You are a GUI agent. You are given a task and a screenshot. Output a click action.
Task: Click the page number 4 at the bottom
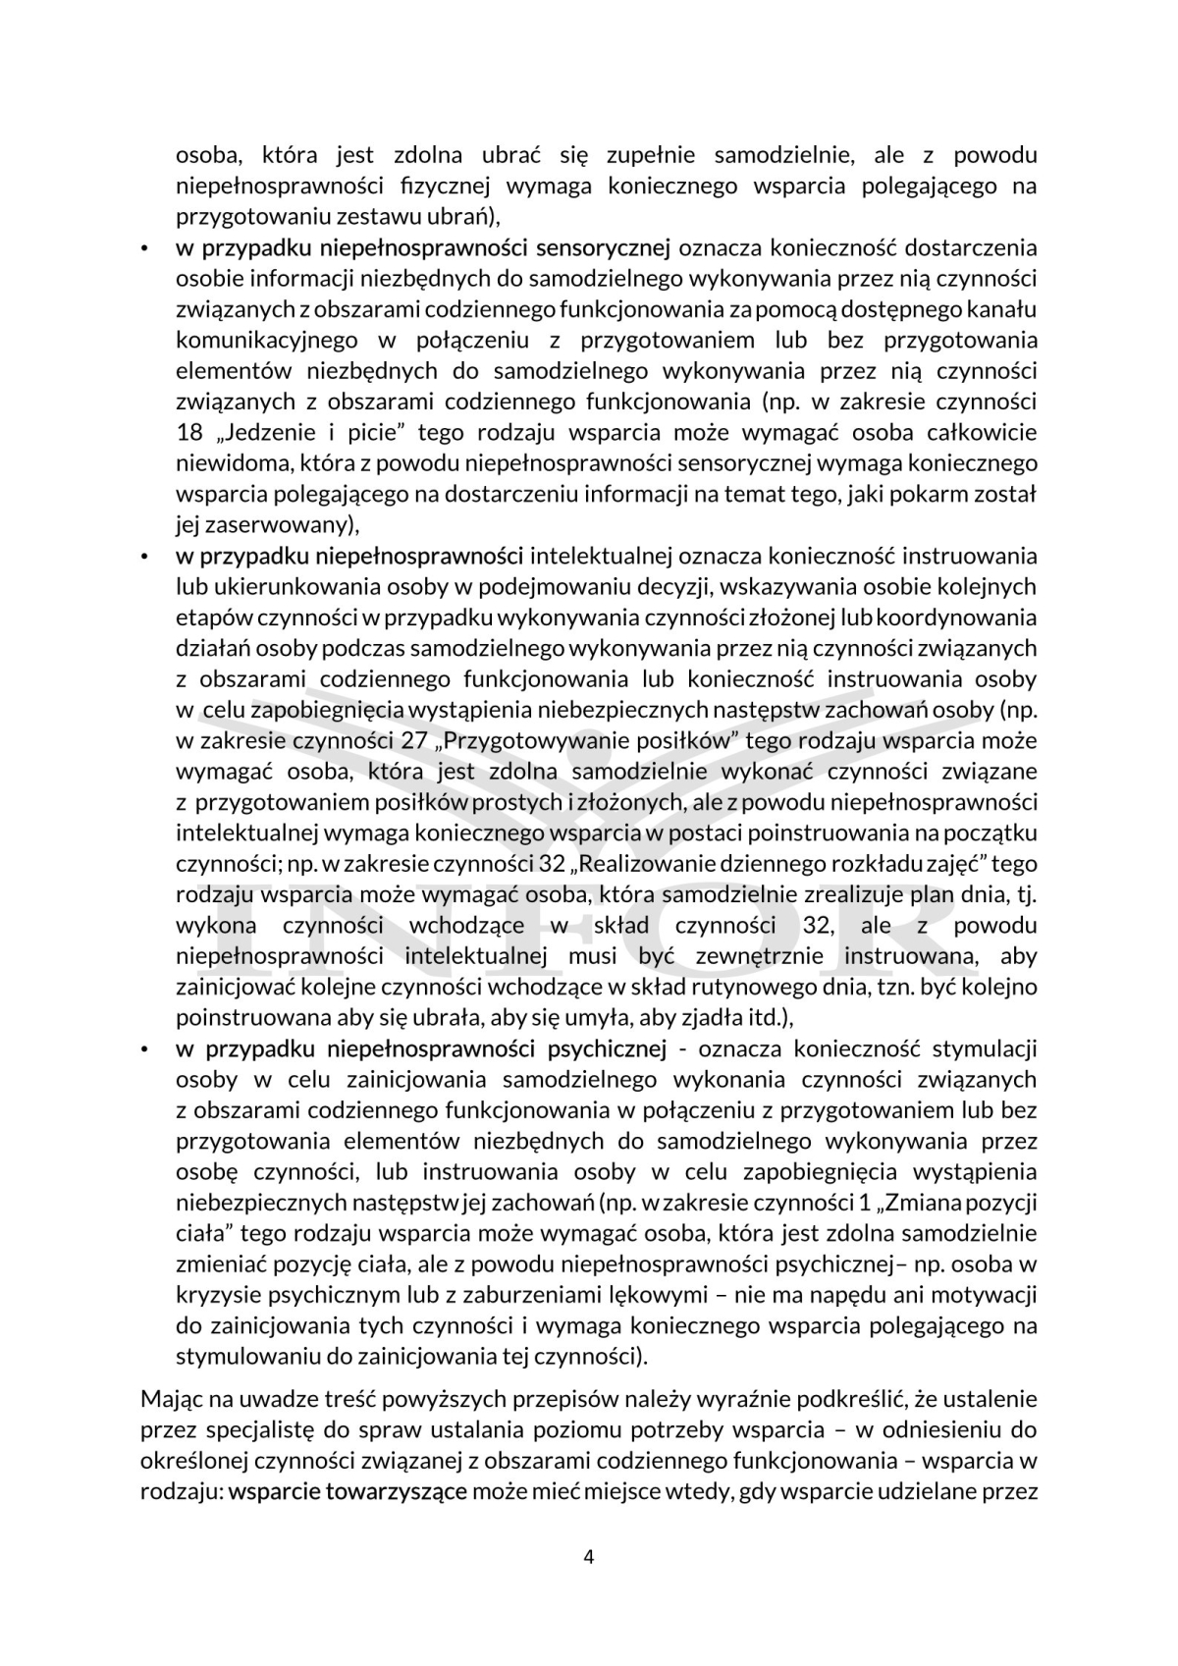point(589,1557)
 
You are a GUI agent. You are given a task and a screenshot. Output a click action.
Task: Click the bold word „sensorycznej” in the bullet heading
point(606,248)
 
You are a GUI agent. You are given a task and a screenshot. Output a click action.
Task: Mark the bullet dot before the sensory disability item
point(145,249)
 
